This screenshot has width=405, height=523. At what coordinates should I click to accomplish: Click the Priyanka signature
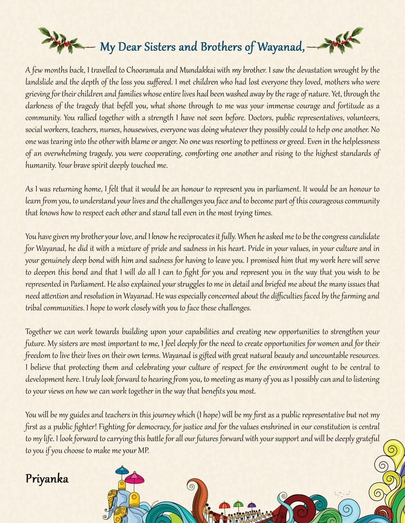(47, 479)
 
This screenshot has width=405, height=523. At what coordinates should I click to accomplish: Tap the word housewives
(139, 130)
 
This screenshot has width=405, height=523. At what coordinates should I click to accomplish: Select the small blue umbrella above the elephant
(122, 470)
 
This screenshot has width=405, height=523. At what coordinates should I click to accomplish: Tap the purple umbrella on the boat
(252, 505)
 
